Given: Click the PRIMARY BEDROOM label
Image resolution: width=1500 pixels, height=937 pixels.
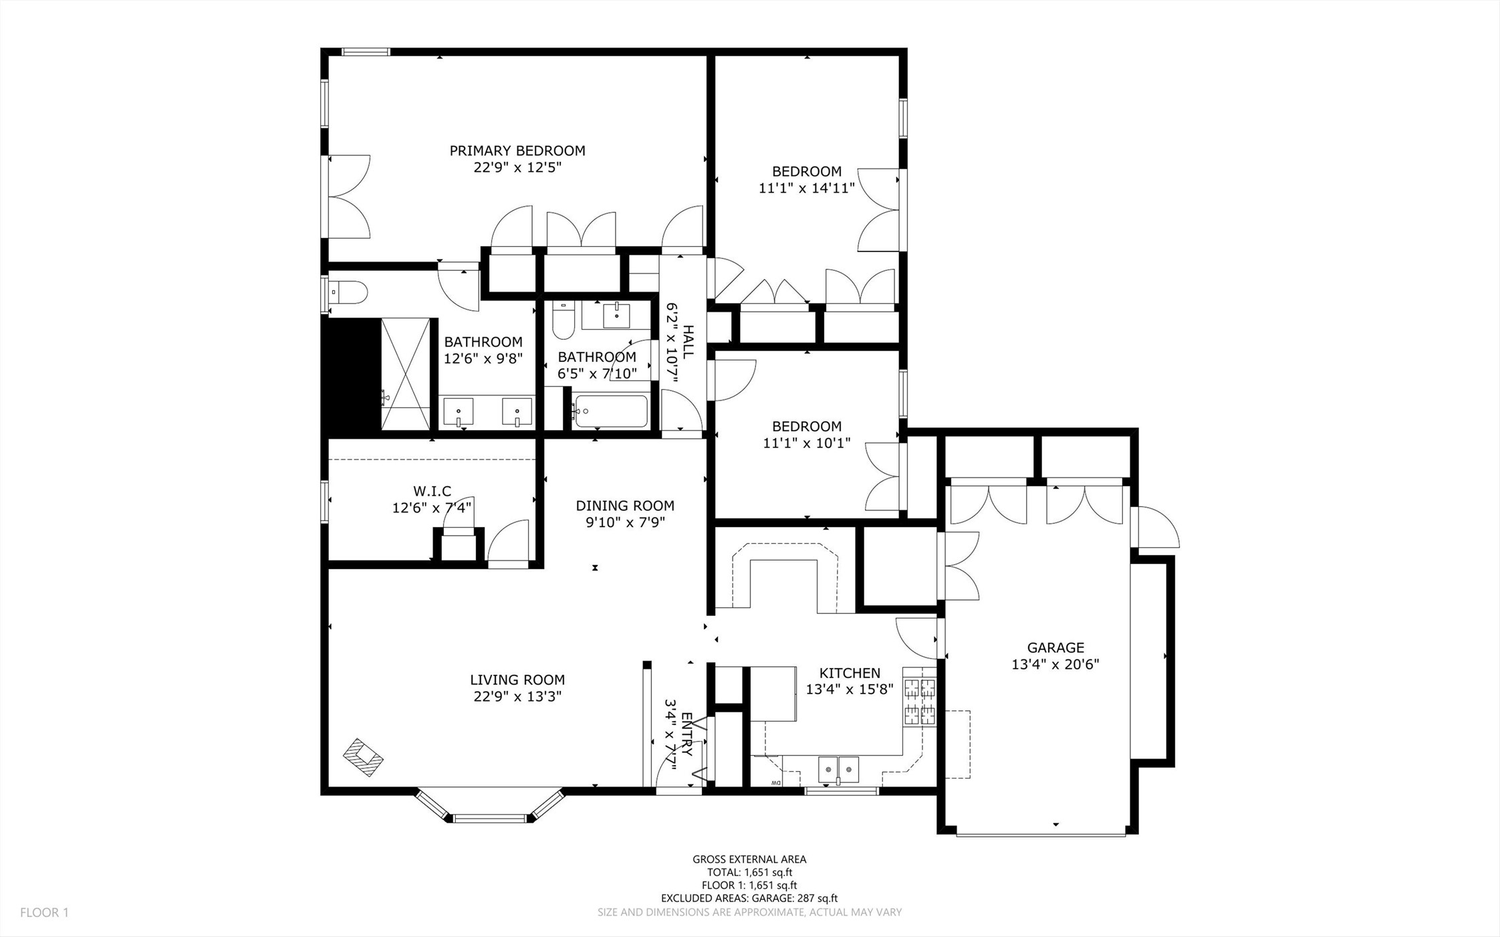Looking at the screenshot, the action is pyautogui.click(x=517, y=151).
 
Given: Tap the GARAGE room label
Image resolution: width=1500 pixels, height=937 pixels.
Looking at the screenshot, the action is pyautogui.click(x=1055, y=647).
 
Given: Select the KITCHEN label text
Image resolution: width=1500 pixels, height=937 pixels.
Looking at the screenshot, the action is pyautogui.click(x=850, y=673).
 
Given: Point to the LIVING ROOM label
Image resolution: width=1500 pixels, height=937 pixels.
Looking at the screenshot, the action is pyautogui.click(x=517, y=680).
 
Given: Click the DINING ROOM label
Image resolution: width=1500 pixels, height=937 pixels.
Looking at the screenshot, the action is pyautogui.click(x=625, y=506).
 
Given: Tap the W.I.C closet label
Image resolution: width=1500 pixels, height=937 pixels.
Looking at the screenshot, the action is pyautogui.click(x=432, y=492).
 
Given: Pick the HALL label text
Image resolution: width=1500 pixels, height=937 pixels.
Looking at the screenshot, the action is pyautogui.click(x=689, y=342).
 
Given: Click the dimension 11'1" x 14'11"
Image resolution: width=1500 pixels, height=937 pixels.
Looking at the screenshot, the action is pyautogui.click(x=807, y=189).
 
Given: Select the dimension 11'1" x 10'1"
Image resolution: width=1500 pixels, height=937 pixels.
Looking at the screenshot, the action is pyautogui.click(x=807, y=443).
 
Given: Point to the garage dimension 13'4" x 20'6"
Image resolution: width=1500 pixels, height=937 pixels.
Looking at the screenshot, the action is pyautogui.click(x=1055, y=664).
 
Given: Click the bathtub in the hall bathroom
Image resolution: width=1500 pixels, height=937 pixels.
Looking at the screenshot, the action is pyautogui.click(x=611, y=411).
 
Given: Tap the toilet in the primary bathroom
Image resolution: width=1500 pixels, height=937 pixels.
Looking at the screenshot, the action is pyautogui.click(x=348, y=292).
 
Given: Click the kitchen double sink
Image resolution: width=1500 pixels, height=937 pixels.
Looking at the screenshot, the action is pyautogui.click(x=839, y=769).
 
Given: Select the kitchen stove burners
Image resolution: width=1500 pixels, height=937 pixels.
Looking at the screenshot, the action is pyautogui.click(x=920, y=702).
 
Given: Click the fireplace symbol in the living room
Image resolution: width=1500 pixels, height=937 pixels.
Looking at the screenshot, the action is pyautogui.click(x=363, y=757).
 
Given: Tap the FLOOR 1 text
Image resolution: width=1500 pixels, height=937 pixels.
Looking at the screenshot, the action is pyautogui.click(x=44, y=912).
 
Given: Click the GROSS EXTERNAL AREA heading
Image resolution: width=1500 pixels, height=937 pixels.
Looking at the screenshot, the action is pyautogui.click(x=749, y=859).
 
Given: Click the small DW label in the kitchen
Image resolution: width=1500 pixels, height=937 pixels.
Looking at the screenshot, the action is pyautogui.click(x=775, y=783).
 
